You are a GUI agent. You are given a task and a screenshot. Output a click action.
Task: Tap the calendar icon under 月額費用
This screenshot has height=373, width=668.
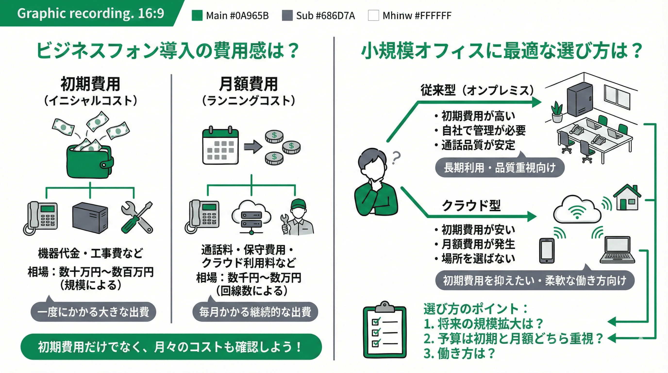[x=220, y=146]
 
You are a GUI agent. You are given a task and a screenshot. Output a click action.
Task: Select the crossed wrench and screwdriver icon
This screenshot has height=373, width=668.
[x=137, y=217]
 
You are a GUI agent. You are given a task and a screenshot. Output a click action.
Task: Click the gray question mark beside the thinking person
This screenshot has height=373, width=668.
[x=396, y=157]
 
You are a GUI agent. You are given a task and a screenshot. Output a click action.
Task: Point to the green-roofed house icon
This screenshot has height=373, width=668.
[x=627, y=198]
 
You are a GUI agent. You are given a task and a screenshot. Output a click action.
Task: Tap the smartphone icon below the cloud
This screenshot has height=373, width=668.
[x=547, y=250]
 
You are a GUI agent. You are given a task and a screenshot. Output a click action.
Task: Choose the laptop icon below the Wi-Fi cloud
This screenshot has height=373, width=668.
[x=618, y=250]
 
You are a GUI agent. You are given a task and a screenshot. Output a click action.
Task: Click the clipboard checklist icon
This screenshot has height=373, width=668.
[x=384, y=330]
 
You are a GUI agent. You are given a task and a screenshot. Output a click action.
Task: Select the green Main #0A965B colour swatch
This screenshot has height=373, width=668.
[x=197, y=15]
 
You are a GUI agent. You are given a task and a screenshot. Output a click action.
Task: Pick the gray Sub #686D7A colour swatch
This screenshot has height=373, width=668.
[x=287, y=15]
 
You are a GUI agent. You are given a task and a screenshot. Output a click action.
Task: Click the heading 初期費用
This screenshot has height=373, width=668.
[x=90, y=84]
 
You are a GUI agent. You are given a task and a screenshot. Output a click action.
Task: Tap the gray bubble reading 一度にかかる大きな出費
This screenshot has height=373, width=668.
[x=93, y=312]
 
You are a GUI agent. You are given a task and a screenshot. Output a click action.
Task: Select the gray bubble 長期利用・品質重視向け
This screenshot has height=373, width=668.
[x=500, y=168]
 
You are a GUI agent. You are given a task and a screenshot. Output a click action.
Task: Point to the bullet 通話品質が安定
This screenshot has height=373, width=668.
[x=478, y=145]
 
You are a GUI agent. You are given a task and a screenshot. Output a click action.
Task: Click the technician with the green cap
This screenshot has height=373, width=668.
[x=298, y=218]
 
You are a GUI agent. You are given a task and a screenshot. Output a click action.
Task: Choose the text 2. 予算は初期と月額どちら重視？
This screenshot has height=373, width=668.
[x=513, y=338]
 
